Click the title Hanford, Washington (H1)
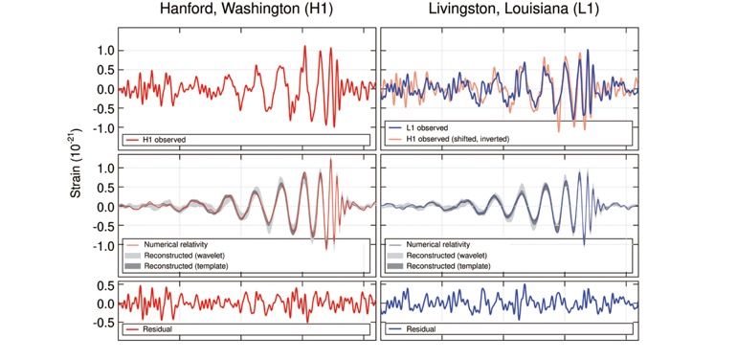pos(246,11)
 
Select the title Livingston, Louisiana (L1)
pos(514,11)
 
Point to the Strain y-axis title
pos(78,164)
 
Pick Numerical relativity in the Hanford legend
pos(176,244)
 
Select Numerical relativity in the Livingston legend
pos(438,244)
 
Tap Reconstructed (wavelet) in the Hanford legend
pos(179,256)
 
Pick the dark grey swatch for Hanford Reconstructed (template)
pos(132,266)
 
